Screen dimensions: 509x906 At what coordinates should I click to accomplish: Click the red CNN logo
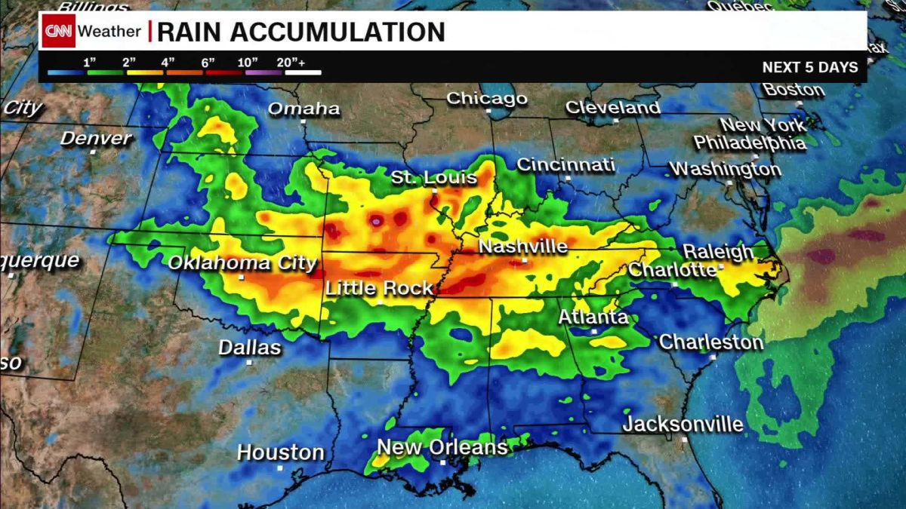(58, 31)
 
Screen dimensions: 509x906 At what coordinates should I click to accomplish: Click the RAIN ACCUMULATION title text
(300, 32)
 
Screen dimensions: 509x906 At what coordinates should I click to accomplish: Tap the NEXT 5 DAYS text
(809, 67)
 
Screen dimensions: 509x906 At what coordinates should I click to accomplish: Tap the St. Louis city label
(434, 178)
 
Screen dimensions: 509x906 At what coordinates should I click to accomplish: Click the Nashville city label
(523, 247)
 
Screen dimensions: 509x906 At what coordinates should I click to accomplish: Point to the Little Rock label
(379, 288)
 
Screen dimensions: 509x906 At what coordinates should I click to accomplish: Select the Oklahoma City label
(242, 263)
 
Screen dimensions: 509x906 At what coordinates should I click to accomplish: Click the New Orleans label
(442, 447)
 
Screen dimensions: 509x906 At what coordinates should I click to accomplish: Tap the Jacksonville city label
(683, 425)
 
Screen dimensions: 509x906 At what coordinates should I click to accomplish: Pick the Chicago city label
(486, 99)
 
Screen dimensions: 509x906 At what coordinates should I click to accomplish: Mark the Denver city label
(96, 139)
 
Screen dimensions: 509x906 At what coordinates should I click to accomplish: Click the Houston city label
(280, 452)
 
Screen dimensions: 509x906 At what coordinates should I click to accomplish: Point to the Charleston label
(711, 342)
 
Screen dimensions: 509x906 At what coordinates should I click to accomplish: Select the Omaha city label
(304, 109)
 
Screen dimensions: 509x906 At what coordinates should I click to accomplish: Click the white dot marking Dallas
(249, 363)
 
